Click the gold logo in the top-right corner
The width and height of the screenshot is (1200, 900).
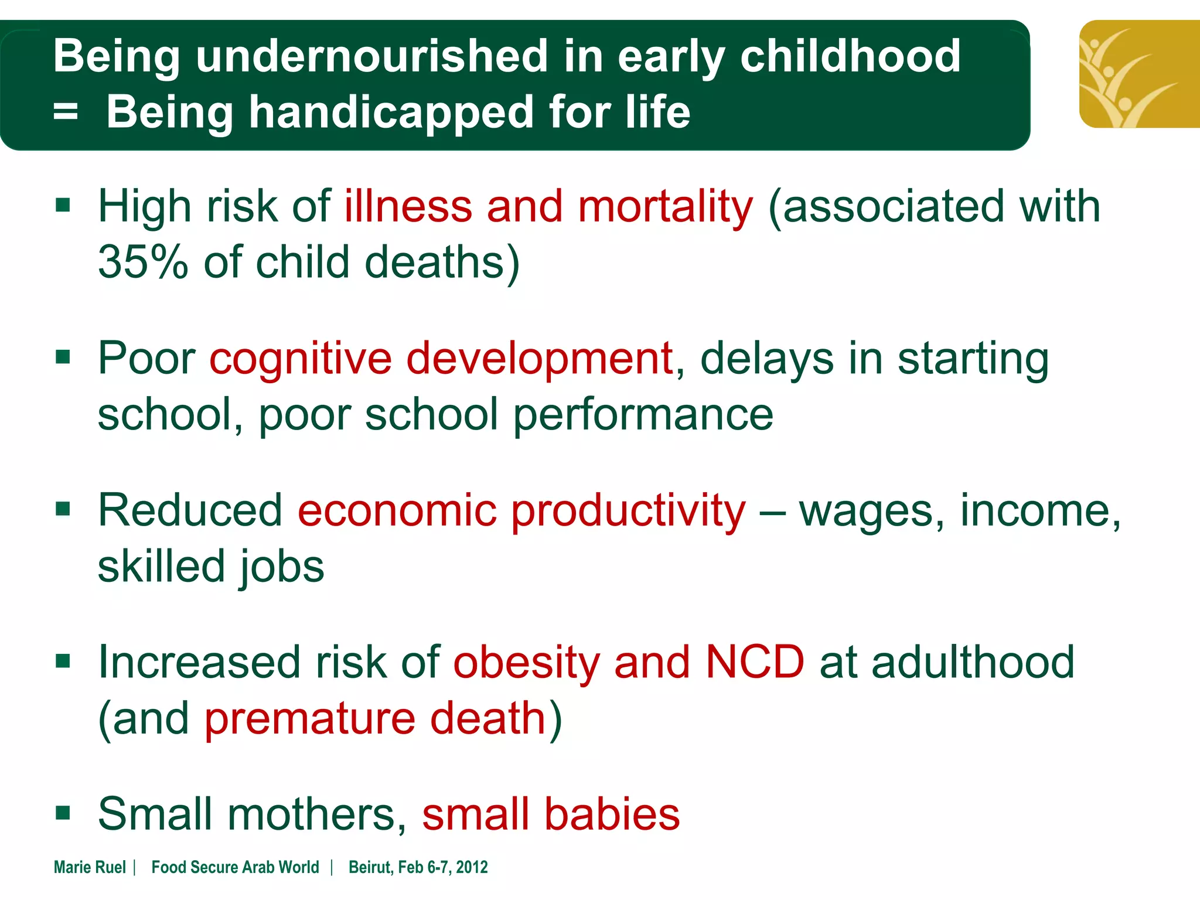click(x=1138, y=74)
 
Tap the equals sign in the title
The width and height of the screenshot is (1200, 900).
click(x=65, y=111)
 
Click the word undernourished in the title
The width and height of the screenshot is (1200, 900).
click(x=371, y=57)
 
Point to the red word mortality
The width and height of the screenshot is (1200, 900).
click(x=665, y=207)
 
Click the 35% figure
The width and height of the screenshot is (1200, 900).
click(x=143, y=262)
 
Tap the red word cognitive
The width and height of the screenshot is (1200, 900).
click(x=301, y=359)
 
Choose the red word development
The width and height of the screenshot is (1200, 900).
click(x=539, y=359)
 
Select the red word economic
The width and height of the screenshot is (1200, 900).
click(x=397, y=510)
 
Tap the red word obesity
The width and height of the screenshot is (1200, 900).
click(x=526, y=663)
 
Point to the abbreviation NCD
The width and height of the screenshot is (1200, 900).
click(x=755, y=662)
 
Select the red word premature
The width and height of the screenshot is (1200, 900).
click(x=310, y=718)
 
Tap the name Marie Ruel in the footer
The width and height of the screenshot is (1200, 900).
click(x=90, y=867)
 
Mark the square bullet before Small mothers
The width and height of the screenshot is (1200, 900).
click(x=63, y=813)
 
